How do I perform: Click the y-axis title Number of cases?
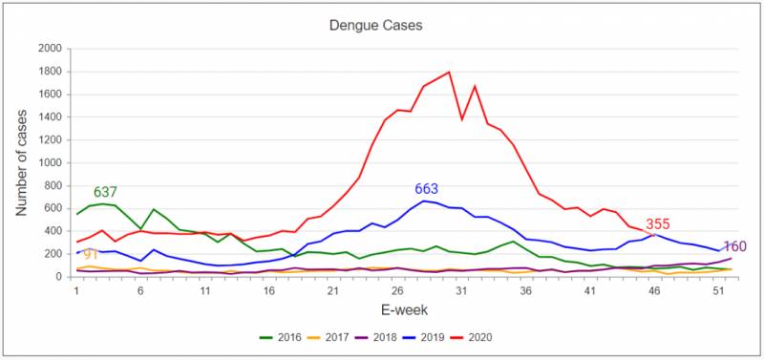pos(20,162)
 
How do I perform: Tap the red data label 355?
pos(659,224)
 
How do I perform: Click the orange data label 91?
pos(92,255)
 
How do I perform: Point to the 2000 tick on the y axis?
pos(49,49)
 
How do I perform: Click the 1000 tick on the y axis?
pos(49,163)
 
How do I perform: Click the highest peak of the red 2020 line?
pos(449,72)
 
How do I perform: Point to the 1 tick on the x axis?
pos(76,291)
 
